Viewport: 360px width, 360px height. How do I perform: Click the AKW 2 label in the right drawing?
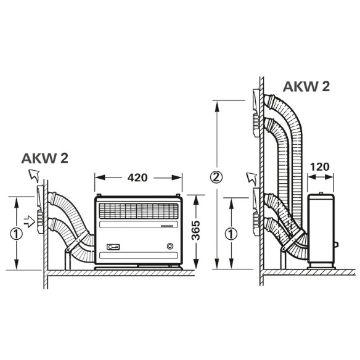[x=306, y=86]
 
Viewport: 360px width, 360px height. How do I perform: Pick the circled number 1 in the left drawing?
[x=17, y=233]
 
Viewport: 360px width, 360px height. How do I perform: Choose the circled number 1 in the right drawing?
[x=230, y=234]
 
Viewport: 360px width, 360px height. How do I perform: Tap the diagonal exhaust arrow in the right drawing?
[x=250, y=179]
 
